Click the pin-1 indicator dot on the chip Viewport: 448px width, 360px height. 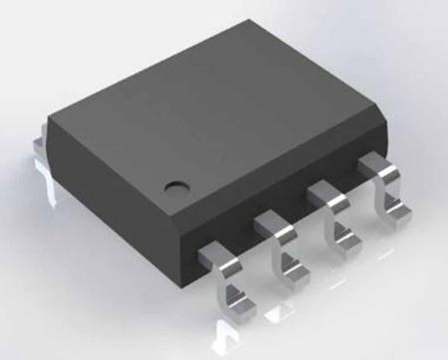[x=175, y=185]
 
